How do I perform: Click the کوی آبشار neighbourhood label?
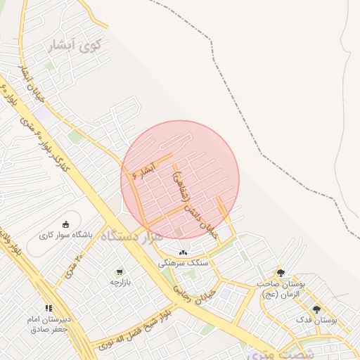pyautogui.click(x=74, y=46)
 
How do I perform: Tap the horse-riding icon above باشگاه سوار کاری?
pyautogui.click(x=66, y=224)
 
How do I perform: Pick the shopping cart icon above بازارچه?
pyautogui.click(x=120, y=271)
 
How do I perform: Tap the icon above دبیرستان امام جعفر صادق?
pyautogui.click(x=49, y=308)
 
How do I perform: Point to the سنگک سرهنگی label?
pyautogui.click(x=182, y=262)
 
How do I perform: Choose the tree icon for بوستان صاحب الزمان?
pyautogui.click(x=280, y=273)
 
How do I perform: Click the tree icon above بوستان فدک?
pyautogui.click(x=316, y=309)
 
